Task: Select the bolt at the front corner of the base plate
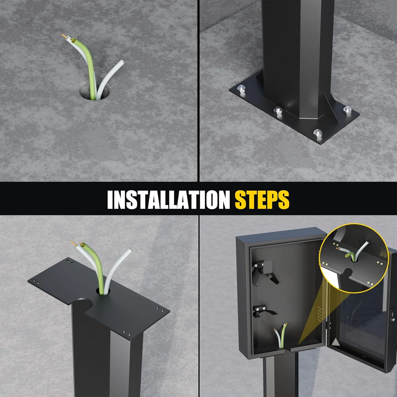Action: click(x=317, y=133)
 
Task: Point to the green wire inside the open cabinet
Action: click(x=284, y=335)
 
